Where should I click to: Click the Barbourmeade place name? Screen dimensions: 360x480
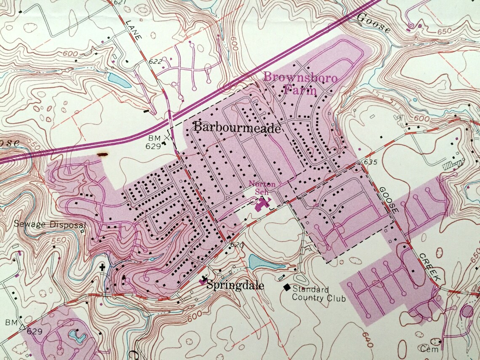(x=237, y=127)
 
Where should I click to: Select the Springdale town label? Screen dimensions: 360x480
(x=235, y=286)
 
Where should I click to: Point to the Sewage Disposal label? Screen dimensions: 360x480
(x=50, y=224)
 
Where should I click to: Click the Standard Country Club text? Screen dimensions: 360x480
(x=319, y=294)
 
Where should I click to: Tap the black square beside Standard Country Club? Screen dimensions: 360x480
(x=287, y=287)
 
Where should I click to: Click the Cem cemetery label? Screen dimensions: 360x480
(x=429, y=349)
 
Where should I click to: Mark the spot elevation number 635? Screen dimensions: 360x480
(x=364, y=162)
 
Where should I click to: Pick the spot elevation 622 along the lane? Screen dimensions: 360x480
(x=155, y=61)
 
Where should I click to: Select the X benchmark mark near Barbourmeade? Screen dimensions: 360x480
(x=168, y=137)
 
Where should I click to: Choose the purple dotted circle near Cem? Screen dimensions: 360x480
(x=467, y=312)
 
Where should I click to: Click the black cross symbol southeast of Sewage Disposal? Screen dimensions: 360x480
(x=101, y=267)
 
